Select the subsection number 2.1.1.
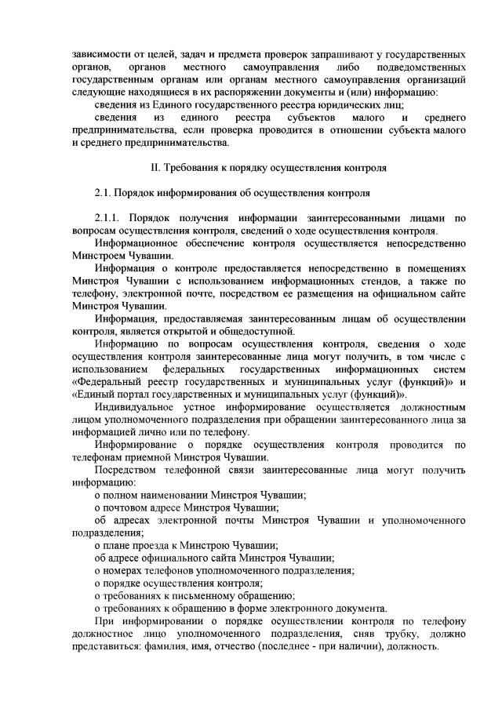click(108, 217)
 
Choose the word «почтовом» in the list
click(127, 507)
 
